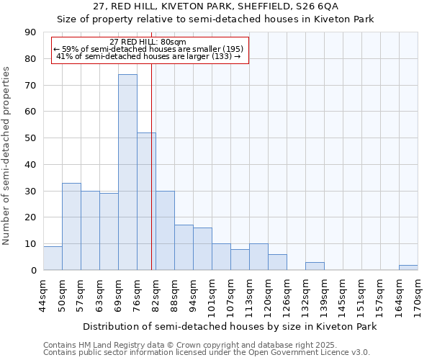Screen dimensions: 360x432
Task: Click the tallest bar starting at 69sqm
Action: coord(127,172)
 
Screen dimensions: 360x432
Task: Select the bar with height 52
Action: coord(146,202)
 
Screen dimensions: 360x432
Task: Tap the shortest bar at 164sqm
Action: coord(408,268)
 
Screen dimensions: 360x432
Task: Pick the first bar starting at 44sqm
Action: coord(53,258)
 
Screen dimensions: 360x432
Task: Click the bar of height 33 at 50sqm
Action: coord(71,227)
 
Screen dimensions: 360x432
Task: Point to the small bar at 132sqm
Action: coord(315,266)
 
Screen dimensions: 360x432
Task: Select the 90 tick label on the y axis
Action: coord(30,32)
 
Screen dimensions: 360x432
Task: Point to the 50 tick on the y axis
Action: coord(30,138)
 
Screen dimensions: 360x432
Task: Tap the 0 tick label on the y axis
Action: coord(33,271)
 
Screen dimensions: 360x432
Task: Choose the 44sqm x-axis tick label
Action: coord(44,295)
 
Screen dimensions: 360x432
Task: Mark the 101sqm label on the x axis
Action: coord(212,295)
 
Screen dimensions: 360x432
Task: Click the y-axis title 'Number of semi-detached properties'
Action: coord(7,156)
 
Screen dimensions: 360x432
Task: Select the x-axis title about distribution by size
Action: coord(230,326)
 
